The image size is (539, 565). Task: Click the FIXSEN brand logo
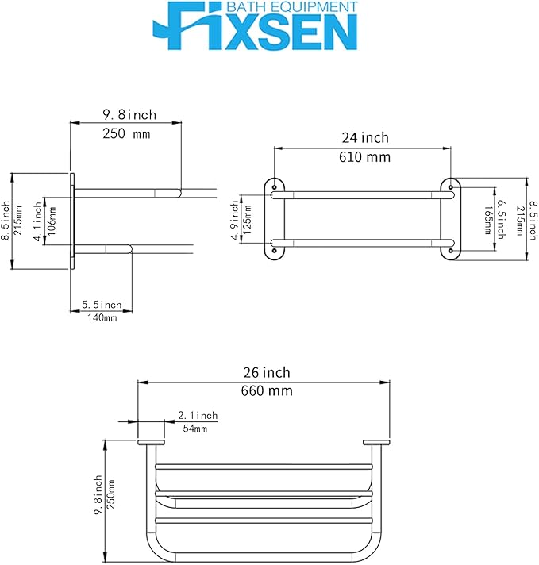point(256,25)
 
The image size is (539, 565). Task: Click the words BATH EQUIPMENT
point(291,7)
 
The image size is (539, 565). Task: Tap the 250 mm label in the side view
point(126,133)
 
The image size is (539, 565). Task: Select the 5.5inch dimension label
point(102,305)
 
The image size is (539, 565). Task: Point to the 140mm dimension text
point(102,317)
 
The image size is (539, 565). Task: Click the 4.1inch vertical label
point(38,221)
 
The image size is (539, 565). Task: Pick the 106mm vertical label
point(52,221)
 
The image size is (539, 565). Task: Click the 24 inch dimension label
point(365,137)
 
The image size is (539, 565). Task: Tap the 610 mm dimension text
point(364,157)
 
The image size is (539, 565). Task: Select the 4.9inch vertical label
point(235,221)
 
